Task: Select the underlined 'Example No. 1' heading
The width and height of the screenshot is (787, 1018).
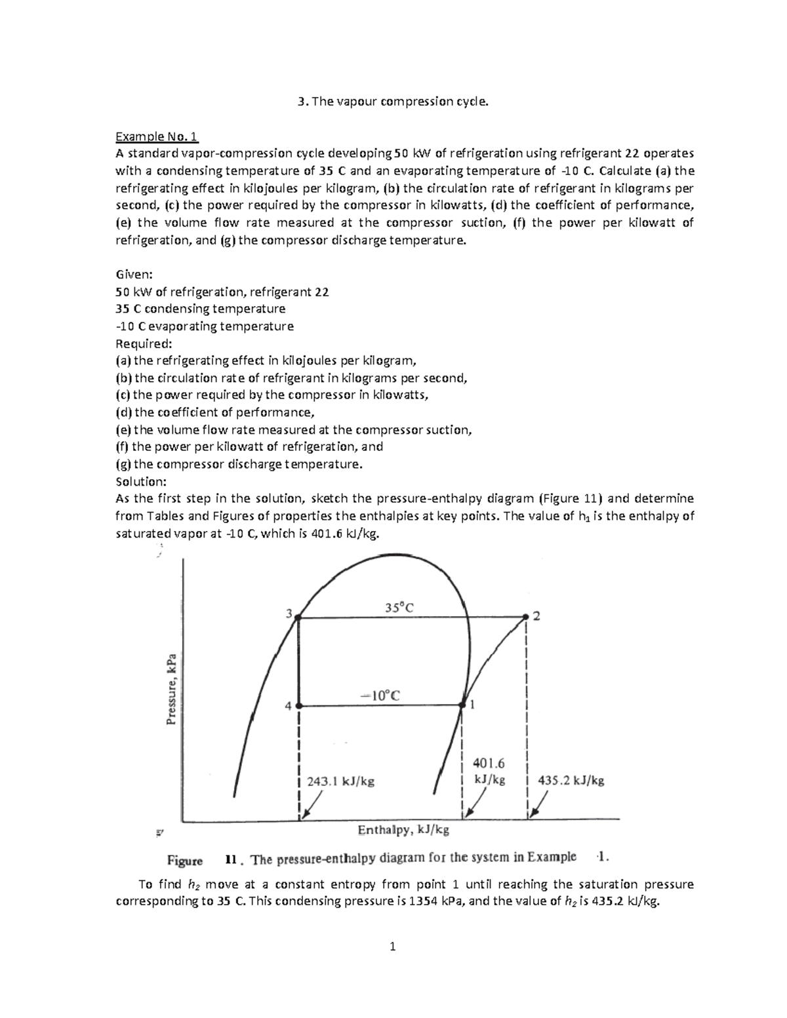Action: pyautogui.click(x=157, y=136)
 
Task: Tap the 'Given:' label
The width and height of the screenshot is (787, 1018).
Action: pyautogui.click(x=134, y=275)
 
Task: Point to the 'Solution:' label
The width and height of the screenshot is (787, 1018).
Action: pyautogui.click(x=141, y=480)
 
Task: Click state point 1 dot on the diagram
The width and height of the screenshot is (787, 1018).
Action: pyautogui.click(x=462, y=705)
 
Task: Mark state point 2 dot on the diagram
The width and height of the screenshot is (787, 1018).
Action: pyautogui.click(x=526, y=617)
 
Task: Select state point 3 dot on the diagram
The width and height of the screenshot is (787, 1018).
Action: pyautogui.click(x=298, y=617)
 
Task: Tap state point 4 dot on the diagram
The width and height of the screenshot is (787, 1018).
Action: pyautogui.click(x=298, y=706)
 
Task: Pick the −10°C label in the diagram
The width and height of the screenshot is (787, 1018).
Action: pyautogui.click(x=380, y=695)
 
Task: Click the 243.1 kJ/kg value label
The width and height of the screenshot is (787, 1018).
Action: pyautogui.click(x=340, y=781)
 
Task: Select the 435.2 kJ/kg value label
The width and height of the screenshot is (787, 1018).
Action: pyautogui.click(x=571, y=780)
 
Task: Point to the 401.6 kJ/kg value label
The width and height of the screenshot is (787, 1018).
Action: pyautogui.click(x=489, y=771)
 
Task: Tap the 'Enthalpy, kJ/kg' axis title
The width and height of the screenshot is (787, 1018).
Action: pyautogui.click(x=403, y=831)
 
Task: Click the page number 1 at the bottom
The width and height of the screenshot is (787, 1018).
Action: pyautogui.click(x=392, y=947)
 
